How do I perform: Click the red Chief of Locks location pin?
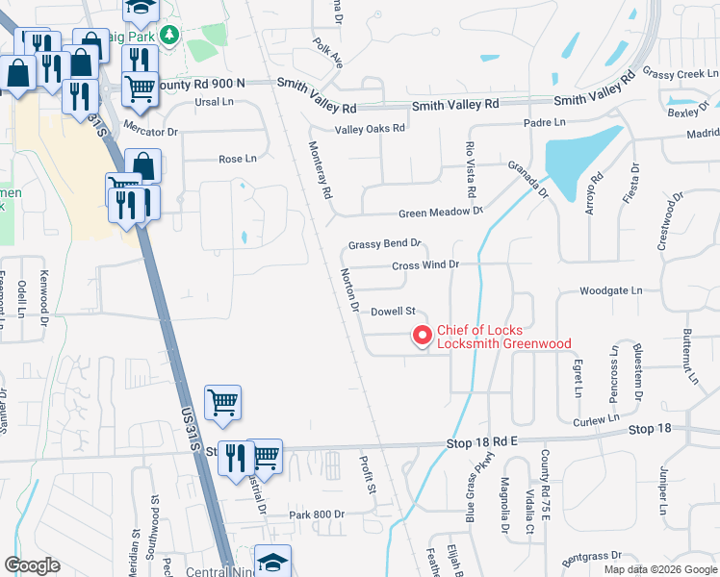coord(421,335)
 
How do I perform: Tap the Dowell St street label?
coord(393,312)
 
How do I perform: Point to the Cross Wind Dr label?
coord(426,264)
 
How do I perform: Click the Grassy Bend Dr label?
coord(385,244)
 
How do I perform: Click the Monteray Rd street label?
coord(320,170)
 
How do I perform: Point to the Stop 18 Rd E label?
coord(482,441)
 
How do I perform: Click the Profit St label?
coord(369,475)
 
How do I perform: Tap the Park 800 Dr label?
coord(317,514)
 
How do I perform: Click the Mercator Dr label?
coord(152,131)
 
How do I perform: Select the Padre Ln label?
coord(544,122)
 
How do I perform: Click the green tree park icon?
coord(170,35)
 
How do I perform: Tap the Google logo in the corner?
coord(32,564)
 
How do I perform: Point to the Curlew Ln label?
coord(596,420)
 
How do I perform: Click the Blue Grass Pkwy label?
coord(472,501)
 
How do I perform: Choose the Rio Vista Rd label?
coord(471,169)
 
